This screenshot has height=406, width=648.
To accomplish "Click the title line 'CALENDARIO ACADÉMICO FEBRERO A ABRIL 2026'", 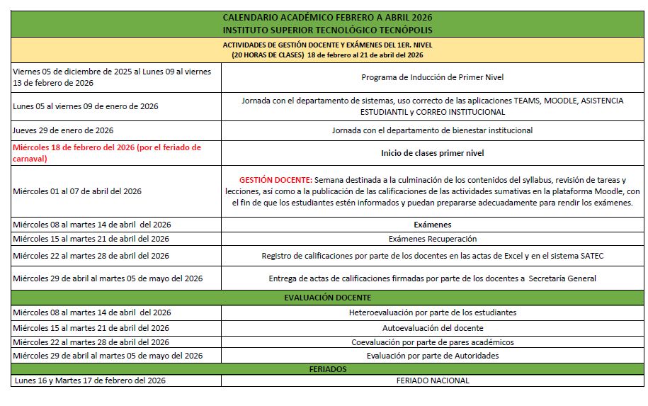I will coord(327,17).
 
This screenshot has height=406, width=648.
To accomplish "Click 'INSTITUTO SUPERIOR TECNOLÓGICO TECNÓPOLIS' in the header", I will coord(327,30).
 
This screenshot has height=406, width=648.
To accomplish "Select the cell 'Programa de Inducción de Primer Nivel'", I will coord(432,77).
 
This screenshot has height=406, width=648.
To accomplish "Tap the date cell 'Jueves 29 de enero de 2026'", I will coord(63,130).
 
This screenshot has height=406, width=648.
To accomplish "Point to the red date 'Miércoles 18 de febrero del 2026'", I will coord(107,147).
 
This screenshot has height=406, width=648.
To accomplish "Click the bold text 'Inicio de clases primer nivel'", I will coord(432,153).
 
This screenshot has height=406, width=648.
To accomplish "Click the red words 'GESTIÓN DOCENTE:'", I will coord(274,180).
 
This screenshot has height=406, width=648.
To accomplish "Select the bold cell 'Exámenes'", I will coord(432,225).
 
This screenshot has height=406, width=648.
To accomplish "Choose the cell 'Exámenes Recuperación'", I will coord(432,239).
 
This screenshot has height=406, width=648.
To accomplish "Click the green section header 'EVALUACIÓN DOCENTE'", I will coord(327,298).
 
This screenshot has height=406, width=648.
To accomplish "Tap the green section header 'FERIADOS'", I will coord(327,369).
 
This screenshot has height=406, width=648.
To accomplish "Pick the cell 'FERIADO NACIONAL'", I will coord(432,380).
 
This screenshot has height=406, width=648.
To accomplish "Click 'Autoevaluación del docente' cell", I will coord(432,328).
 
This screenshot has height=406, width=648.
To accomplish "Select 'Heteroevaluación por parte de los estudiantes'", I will coord(432,312).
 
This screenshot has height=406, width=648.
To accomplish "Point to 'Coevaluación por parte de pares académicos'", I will coord(432,342).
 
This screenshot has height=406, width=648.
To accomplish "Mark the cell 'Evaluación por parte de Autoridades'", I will coord(432,356).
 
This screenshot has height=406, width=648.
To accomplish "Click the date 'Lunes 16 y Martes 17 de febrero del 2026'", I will coord(89,380).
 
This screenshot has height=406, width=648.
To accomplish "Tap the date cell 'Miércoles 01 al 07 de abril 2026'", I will coord(77,191).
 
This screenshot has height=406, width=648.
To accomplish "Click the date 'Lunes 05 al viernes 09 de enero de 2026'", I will coord(85,106).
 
